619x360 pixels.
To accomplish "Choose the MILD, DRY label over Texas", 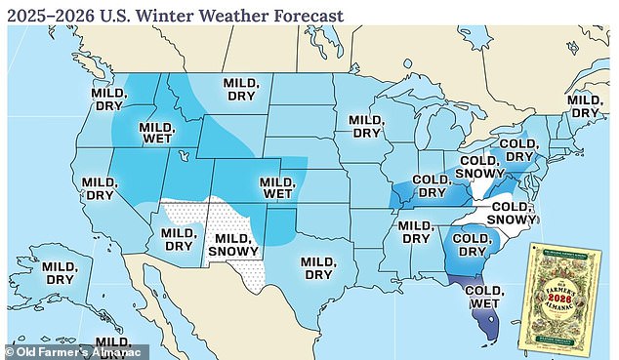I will tap(321, 268).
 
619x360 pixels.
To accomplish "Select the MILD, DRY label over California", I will tap(100, 188).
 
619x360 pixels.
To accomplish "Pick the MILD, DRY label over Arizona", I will tap(179, 240).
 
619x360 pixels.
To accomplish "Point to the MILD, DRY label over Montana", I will tap(241, 90).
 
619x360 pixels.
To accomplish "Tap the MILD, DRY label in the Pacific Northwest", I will tap(108, 98).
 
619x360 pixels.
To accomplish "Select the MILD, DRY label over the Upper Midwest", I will tap(366, 126).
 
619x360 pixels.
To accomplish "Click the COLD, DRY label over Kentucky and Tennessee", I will tap(431, 186).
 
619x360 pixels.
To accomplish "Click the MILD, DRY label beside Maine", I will tap(585, 106).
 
